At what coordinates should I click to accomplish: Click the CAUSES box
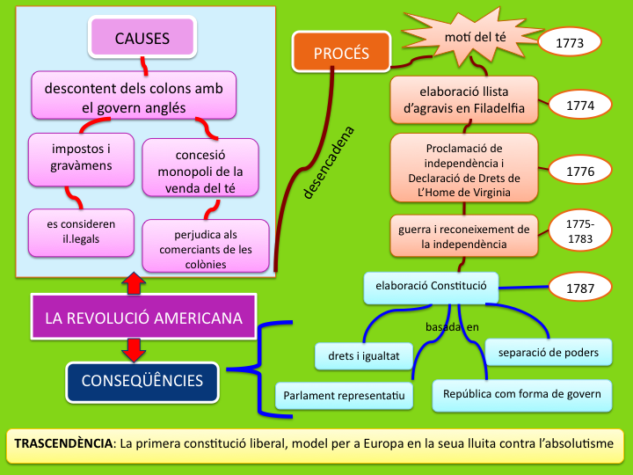(x=142, y=38)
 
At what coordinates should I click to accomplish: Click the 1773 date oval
(x=569, y=42)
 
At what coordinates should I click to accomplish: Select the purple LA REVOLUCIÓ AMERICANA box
(x=144, y=318)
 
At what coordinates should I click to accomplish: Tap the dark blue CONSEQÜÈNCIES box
(x=142, y=381)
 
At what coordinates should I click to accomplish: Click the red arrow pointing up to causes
(x=133, y=282)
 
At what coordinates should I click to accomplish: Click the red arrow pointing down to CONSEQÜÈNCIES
(x=133, y=349)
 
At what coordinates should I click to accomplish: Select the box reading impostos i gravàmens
(x=81, y=155)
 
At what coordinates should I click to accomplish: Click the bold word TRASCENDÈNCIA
(x=62, y=443)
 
